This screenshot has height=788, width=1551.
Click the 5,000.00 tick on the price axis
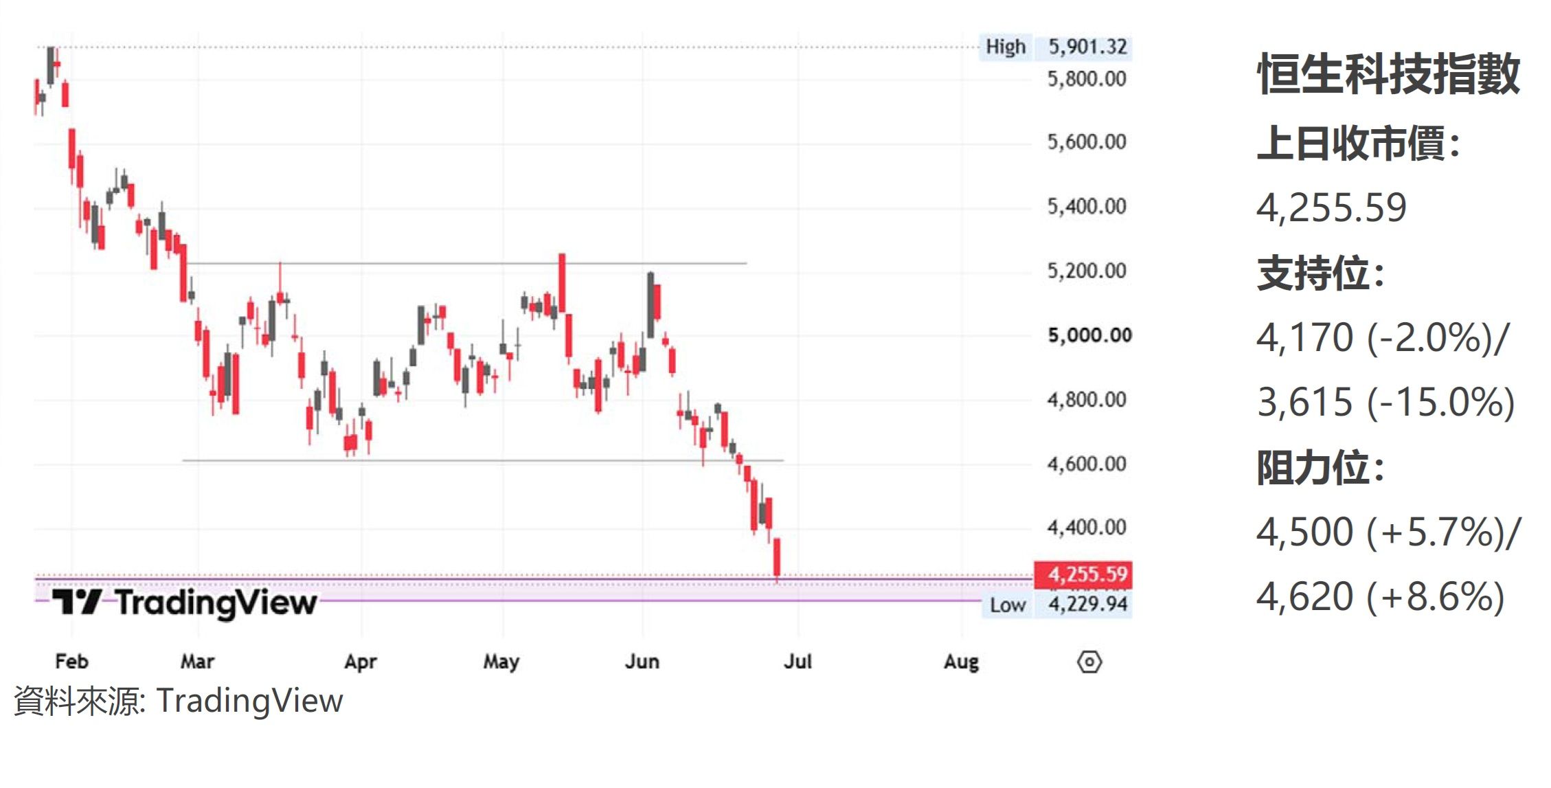coord(1089,335)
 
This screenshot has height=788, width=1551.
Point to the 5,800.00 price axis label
coord(1087,79)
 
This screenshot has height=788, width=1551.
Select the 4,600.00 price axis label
coord(1087,464)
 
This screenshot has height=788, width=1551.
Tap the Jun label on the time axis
coord(642,662)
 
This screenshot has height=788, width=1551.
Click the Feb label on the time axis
coord(71,662)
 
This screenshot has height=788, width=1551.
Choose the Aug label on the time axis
coord(961,662)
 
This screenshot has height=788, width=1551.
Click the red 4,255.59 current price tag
coord(1083,574)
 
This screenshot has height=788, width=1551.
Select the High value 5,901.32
coord(1088,47)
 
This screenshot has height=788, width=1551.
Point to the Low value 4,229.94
coord(1088,605)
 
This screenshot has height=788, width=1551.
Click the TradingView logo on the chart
coord(184,603)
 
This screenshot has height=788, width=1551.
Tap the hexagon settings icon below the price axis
coord(1089,662)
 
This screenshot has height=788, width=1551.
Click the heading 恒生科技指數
coord(1388,74)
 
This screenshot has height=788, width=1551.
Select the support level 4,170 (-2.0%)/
coord(1383,337)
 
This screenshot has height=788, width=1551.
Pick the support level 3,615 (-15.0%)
coord(1385,402)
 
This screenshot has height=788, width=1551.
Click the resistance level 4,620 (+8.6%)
coord(1381,596)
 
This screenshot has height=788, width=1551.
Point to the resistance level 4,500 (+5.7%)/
coord(1389,532)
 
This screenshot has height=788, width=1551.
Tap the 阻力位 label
coord(1320,468)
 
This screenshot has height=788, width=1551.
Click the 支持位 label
coord(1320,273)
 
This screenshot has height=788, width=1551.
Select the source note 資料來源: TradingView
coord(178,701)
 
